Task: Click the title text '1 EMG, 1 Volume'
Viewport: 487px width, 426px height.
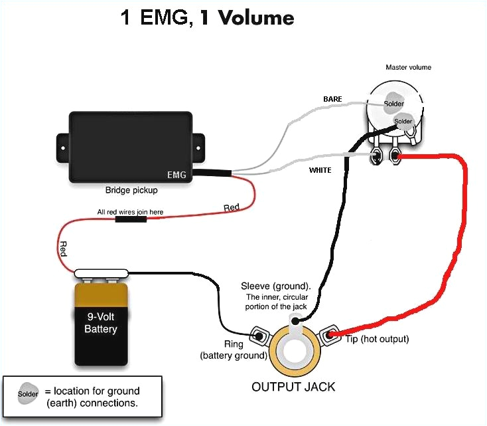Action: click(206, 17)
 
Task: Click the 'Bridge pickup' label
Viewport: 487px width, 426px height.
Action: click(132, 190)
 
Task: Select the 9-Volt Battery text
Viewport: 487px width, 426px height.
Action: click(101, 324)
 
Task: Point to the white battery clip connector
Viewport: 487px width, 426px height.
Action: click(102, 272)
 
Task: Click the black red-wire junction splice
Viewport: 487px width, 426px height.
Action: click(129, 218)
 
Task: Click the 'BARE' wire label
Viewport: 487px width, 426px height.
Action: click(332, 99)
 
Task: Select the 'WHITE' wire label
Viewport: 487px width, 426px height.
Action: click(320, 170)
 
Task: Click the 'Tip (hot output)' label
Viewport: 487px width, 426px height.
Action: click(377, 339)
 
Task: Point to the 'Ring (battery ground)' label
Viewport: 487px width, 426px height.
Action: click(233, 350)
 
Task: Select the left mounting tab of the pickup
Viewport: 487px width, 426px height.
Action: click(62, 142)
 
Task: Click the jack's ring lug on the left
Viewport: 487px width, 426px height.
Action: click(257, 336)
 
